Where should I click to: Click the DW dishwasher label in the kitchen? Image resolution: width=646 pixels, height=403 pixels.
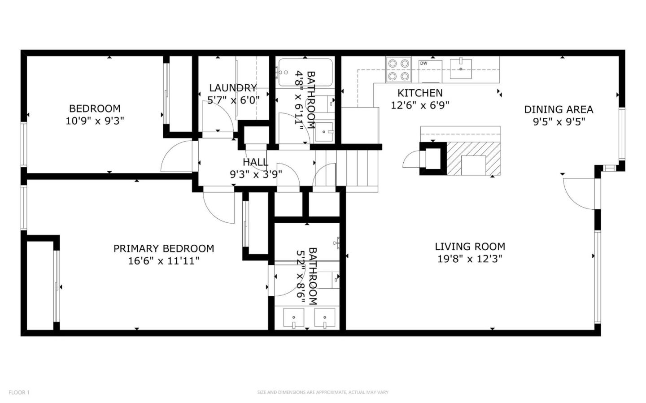coord(423,63)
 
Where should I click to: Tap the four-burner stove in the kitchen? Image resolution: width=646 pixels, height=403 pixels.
coord(399,70)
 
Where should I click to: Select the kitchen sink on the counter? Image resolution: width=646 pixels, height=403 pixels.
coord(461,69)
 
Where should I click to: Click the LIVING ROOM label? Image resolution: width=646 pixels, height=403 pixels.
coord(470,247)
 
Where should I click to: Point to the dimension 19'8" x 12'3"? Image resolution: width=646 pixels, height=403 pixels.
coord(470,259)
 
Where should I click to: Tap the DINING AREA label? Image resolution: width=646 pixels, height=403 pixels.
coord(559,109)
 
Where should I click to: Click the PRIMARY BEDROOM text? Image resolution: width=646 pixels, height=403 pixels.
coord(163,248)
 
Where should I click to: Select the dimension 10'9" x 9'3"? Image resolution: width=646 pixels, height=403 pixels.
coord(95,121)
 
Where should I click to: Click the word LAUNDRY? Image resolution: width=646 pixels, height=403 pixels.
coord(233,88)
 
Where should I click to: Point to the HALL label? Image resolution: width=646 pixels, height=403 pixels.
coord(255,162)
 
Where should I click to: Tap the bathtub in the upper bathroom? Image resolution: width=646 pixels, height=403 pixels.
coord(306,72)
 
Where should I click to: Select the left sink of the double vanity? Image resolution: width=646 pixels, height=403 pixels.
coord(293,319)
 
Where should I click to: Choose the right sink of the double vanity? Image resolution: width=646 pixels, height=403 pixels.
coord(324,319)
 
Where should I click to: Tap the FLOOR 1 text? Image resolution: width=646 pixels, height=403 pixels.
coord(19,392)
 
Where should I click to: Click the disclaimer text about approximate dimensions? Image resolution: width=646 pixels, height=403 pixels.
coord(323,392)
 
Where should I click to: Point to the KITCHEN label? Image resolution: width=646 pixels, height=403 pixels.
coord(420,93)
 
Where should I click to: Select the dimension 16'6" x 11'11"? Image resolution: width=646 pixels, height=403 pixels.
coord(163,260)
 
